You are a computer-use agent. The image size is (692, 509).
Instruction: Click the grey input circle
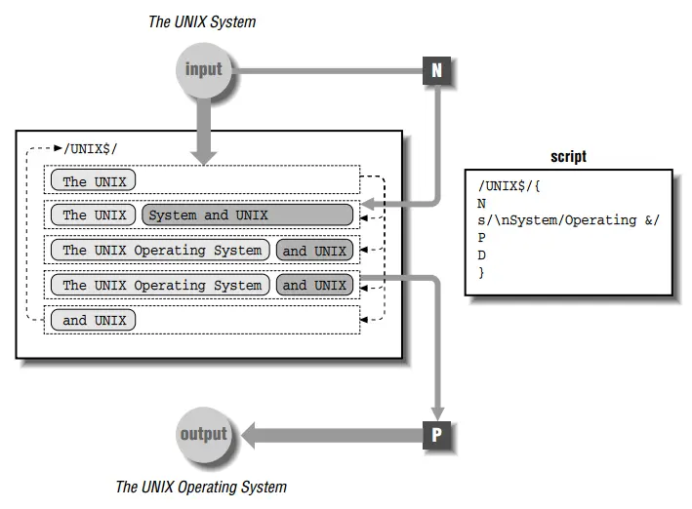point(203,69)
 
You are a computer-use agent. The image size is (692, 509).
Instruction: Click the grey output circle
point(203,434)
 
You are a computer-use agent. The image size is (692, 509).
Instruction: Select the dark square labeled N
point(437,70)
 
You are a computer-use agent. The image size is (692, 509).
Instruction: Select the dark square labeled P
point(437,435)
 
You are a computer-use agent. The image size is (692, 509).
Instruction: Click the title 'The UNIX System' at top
point(202,20)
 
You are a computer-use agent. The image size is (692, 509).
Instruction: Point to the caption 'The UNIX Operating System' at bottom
point(201,487)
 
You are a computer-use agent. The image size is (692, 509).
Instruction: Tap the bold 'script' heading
point(568,157)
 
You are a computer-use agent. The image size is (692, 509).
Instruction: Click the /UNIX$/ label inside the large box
point(90,148)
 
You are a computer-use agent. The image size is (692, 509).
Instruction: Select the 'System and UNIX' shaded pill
point(248,215)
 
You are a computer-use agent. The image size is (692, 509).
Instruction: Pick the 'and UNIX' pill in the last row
point(95,320)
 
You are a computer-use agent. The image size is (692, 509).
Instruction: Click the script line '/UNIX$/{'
point(507,185)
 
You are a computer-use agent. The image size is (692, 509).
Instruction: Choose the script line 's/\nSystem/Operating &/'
point(568,220)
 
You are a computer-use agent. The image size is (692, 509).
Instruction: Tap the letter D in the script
point(482,254)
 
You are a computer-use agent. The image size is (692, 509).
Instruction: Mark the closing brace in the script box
point(481,272)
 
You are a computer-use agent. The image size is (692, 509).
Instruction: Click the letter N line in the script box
point(482,203)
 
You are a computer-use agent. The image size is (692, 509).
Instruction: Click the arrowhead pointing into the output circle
point(248,435)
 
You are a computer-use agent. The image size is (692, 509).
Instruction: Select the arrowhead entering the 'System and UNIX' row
point(369,206)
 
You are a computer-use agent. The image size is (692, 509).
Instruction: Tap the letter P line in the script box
point(482,237)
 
